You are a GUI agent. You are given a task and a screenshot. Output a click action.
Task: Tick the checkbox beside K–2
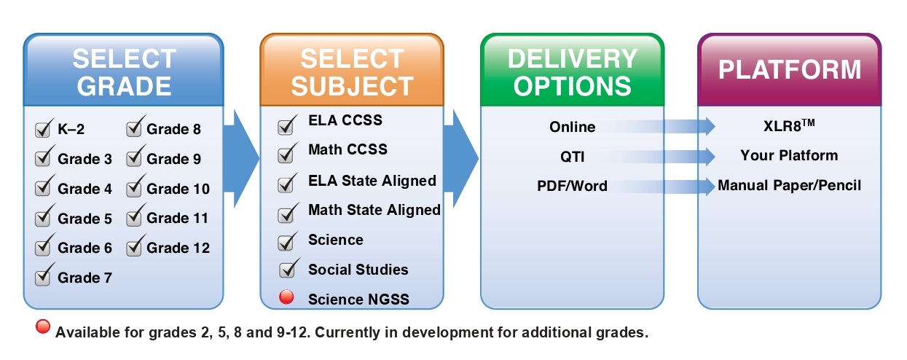coord(42,130)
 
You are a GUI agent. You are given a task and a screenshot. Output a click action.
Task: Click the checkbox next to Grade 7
coord(42,278)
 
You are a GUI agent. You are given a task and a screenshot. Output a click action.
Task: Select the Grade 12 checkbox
coord(133,248)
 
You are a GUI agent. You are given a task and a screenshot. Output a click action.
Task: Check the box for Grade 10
coord(133,189)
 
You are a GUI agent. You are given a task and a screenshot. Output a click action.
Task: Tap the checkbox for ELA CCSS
coord(286,126)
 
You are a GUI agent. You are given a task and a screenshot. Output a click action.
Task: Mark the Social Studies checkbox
coord(288,270)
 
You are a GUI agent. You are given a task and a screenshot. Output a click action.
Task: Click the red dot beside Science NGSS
coord(286,297)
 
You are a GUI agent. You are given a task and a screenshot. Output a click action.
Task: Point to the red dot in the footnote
coord(43,326)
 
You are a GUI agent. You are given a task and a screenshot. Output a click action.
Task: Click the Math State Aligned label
coord(374,210)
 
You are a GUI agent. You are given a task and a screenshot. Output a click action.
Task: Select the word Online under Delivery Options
coord(572,127)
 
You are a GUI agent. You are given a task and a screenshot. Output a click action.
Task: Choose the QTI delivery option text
coord(572,157)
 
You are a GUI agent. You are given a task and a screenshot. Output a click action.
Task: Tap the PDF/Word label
coord(572,186)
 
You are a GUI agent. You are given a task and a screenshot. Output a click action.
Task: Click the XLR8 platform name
coord(789,125)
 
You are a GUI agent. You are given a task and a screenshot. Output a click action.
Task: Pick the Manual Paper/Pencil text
coord(789,186)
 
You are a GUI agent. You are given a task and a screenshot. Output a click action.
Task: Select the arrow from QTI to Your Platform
coord(656,156)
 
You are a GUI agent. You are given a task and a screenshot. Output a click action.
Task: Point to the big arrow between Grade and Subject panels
coord(240,159)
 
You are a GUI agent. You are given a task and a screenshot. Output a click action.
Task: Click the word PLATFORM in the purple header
coord(790,70)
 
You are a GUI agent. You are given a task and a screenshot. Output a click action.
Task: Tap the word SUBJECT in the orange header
coord(353,86)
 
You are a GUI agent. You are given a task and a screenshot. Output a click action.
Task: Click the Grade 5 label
coord(85,219)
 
